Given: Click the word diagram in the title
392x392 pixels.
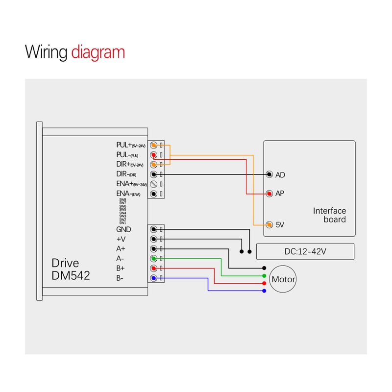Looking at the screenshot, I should pyautogui.click(x=98, y=52).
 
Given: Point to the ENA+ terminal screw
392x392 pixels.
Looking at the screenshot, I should pyautogui.click(x=154, y=184).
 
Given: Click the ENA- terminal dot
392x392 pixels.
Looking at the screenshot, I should pyautogui.click(x=154, y=194).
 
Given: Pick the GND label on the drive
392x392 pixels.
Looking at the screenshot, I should pyautogui.click(x=123, y=229).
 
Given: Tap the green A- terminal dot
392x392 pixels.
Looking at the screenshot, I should pyautogui.click(x=154, y=258).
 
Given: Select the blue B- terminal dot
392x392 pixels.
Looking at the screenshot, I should pyautogui.click(x=154, y=278).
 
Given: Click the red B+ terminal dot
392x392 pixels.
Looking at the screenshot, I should pyautogui.click(x=154, y=268).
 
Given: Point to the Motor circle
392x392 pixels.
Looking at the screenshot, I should pyautogui.click(x=284, y=280).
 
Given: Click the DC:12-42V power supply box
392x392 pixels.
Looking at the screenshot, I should pyautogui.click(x=305, y=251).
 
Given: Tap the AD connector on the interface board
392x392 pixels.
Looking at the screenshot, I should pyautogui.click(x=269, y=174).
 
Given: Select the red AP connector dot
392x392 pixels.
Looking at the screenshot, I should pyautogui.click(x=269, y=194).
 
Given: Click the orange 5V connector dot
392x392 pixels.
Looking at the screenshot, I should pyautogui.click(x=269, y=225).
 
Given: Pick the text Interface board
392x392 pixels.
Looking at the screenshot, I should pyautogui.click(x=329, y=215).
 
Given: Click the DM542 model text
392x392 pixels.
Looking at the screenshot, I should pyautogui.click(x=71, y=276).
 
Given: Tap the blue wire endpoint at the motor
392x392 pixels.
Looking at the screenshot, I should pyautogui.click(x=264, y=291).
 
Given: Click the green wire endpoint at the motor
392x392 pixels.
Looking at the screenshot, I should pyautogui.click(x=264, y=276).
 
